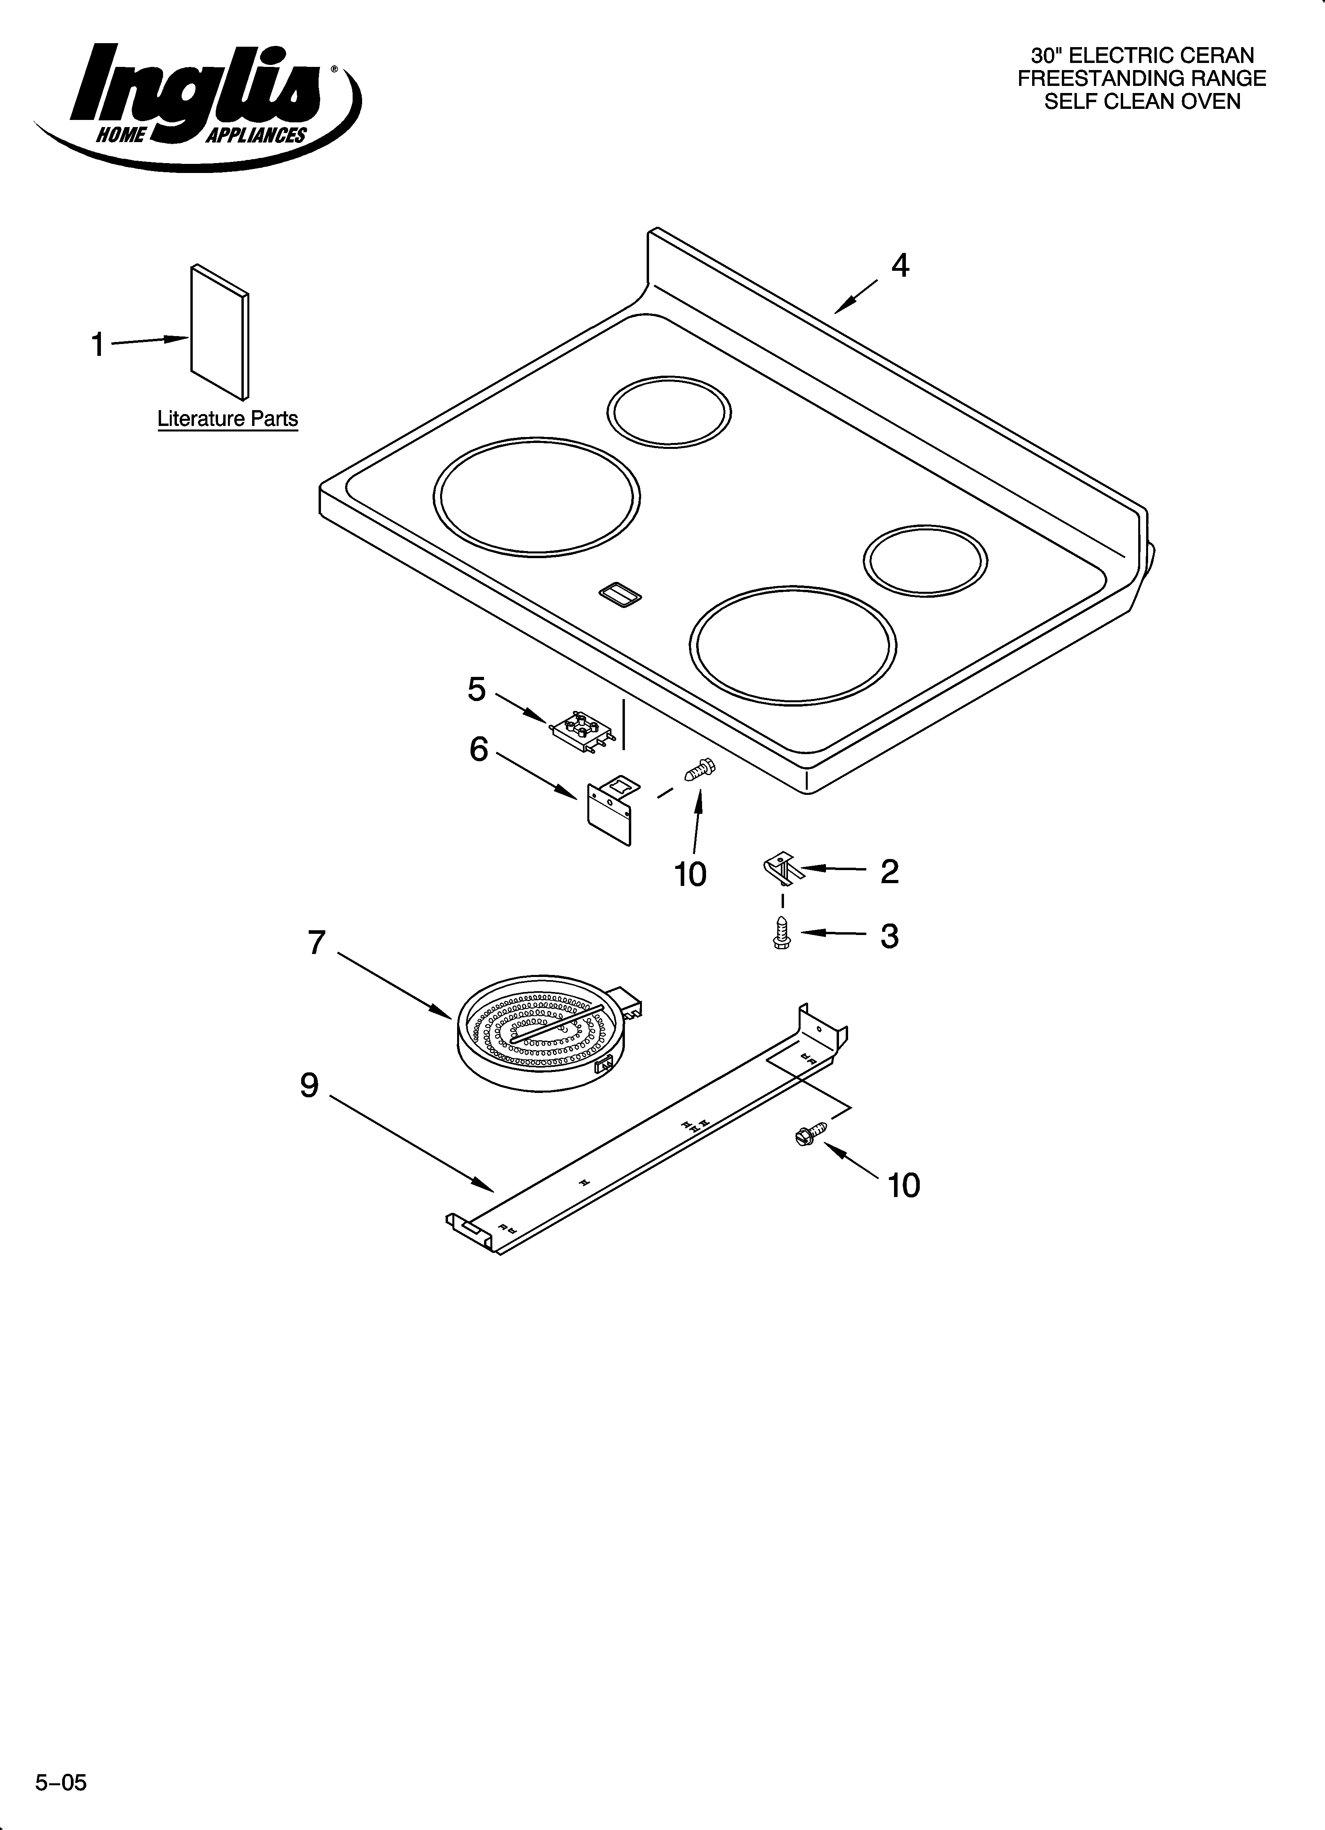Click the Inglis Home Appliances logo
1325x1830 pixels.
point(198,105)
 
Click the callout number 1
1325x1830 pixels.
point(98,345)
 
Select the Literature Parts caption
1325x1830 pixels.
point(228,419)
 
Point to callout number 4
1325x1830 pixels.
point(900,266)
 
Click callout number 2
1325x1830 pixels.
point(889,871)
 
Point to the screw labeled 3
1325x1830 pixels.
point(780,933)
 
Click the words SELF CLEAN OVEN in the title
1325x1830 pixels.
point(1142,102)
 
